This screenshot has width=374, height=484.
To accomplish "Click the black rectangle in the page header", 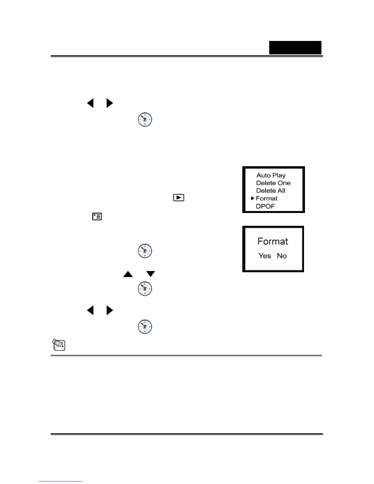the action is click(295, 48).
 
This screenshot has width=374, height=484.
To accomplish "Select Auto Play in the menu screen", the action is click(271, 175).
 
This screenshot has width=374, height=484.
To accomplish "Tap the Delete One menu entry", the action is click(273, 183).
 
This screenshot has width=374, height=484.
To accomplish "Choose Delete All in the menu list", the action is click(270, 191).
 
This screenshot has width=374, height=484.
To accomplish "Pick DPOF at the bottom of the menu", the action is click(265, 206).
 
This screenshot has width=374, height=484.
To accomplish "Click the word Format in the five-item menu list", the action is click(266, 199).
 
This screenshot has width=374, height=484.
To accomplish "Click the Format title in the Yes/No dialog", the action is click(273, 241).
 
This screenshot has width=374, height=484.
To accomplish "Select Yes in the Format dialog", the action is click(265, 256).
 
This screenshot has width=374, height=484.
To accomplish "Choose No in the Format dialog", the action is click(282, 256).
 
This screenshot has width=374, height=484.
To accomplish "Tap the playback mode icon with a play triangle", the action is click(179, 198).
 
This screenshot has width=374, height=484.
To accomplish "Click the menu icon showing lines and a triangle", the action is click(97, 217).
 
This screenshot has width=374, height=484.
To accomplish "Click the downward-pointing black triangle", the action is click(151, 274).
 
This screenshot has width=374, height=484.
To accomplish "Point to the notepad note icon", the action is click(59, 344).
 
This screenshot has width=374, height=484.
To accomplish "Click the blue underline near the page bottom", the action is click(61, 482).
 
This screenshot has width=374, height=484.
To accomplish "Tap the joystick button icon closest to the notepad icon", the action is click(145, 327).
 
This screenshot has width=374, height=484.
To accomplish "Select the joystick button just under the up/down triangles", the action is click(145, 289).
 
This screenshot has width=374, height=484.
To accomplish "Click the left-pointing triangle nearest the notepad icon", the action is click(90, 310).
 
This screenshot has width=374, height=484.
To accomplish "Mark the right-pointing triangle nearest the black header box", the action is click(110, 103).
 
